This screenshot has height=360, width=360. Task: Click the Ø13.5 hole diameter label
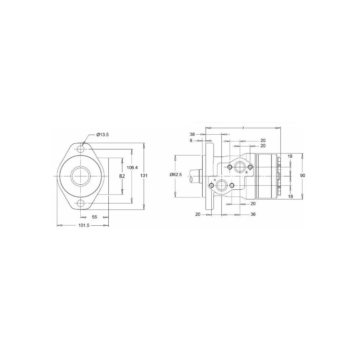103,135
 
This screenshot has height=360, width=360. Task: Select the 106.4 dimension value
132,168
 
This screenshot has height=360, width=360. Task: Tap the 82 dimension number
122,176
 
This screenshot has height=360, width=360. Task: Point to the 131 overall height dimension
144,176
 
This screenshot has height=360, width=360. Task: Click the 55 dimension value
95,217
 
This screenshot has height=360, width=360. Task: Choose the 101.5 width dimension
84,225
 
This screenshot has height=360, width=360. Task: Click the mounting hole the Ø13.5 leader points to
81,149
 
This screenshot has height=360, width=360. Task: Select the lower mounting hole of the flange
81,203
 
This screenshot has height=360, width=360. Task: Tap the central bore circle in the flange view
81,167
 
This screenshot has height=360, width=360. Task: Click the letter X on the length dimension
243,128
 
